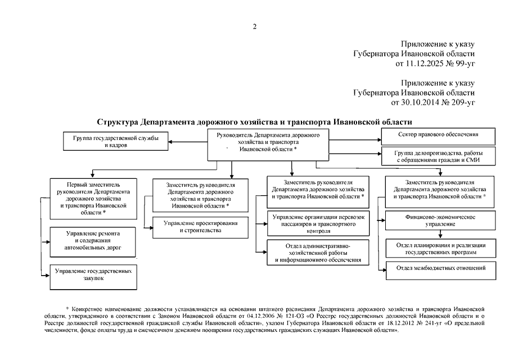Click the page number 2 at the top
254,26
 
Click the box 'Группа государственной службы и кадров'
116,141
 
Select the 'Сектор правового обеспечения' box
438,136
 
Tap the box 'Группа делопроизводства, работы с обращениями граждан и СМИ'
438,156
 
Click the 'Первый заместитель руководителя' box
93,199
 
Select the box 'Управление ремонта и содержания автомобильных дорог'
93,240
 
